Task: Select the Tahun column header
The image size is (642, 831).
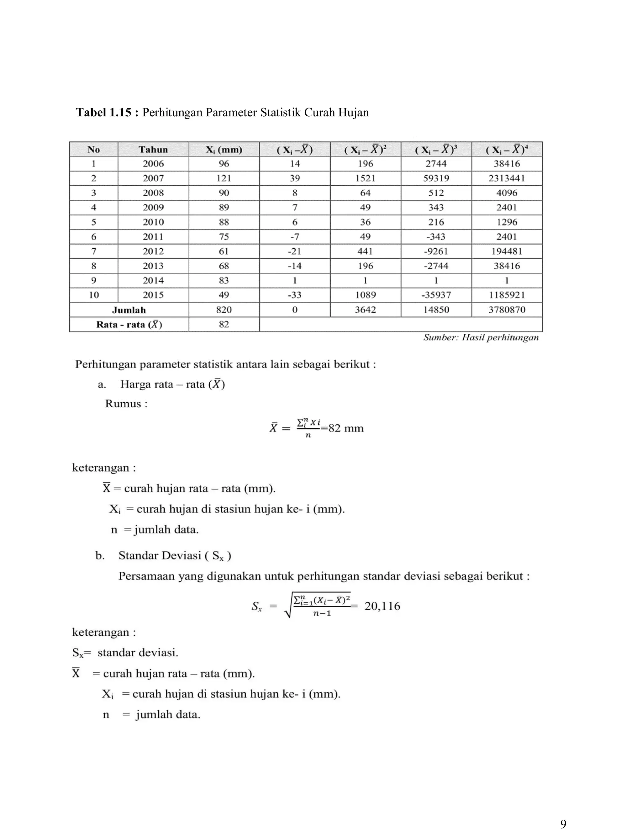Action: [153, 150]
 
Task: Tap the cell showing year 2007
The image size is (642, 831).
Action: [153, 178]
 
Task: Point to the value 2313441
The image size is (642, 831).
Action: [507, 178]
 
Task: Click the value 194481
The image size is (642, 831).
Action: [507, 251]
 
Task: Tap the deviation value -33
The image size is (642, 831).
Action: [294, 295]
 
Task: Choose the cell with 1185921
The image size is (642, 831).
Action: [507, 295]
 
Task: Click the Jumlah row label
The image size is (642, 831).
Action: [129, 310]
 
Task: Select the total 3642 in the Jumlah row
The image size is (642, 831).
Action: [365, 310]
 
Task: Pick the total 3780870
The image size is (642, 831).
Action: [507, 310]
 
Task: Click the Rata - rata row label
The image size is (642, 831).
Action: [129, 325]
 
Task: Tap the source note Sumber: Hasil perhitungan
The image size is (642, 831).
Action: [481, 337]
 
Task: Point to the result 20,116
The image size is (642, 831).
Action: [382, 606]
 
